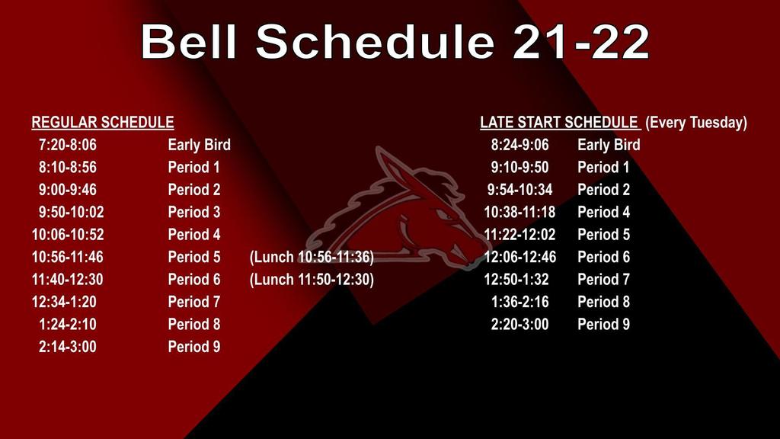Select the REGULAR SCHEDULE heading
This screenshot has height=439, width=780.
point(103,123)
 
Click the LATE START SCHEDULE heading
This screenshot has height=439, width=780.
point(559,123)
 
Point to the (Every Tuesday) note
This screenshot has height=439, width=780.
point(696,123)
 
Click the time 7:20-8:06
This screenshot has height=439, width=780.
point(68,145)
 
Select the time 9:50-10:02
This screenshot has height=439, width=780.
point(71,212)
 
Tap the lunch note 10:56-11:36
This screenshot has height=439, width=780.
point(312,257)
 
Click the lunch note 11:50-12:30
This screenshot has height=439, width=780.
point(312,279)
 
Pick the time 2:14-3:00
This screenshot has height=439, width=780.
point(68,347)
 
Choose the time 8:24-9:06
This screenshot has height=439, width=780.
point(519,145)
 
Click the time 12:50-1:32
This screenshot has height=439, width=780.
point(516,279)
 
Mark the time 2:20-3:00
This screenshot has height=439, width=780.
point(519,324)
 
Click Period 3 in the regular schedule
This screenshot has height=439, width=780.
point(194,212)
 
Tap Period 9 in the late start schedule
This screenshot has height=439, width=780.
point(603,324)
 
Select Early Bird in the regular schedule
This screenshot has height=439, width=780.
point(199,145)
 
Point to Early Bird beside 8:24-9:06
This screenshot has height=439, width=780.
point(609,145)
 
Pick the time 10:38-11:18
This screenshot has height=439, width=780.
point(519,212)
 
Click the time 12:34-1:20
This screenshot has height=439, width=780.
point(64,302)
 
